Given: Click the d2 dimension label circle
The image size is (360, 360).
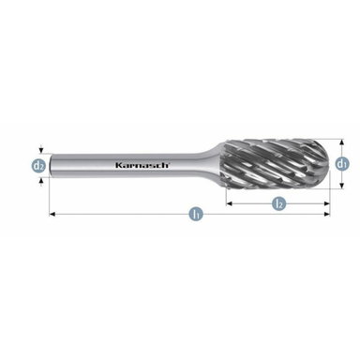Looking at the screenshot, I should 38,166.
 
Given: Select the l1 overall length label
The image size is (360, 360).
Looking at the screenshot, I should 196,214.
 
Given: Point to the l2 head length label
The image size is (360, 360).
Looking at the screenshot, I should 278,202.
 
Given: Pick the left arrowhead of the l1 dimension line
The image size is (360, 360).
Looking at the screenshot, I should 52,215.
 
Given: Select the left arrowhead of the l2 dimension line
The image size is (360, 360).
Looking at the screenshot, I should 230,202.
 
